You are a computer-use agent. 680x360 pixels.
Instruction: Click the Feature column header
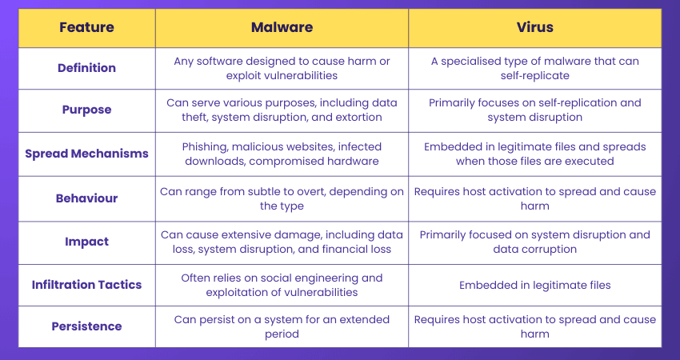point(86,27)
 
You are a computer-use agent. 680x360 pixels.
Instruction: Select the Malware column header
point(282,27)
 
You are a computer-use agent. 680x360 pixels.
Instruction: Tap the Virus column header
point(534,27)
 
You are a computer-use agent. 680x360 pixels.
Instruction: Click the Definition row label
point(86,68)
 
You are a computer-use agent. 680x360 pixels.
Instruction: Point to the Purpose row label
point(86,110)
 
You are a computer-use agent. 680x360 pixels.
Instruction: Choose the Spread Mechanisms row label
point(86,154)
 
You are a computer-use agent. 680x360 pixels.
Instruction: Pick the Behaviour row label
point(86,198)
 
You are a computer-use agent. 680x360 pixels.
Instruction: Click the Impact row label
point(86,241)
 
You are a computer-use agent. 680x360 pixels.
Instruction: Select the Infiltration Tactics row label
point(86,284)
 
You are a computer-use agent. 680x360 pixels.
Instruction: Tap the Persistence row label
point(86,326)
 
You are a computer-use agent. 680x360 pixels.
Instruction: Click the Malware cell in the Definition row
point(282,68)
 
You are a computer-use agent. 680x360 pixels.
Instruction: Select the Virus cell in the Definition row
point(534,68)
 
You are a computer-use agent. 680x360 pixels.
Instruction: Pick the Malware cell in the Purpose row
point(282,110)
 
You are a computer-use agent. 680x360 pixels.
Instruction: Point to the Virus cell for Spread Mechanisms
point(534,154)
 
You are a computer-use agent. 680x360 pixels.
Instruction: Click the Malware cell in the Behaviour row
point(282,198)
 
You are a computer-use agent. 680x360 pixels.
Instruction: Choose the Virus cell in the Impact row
point(534,241)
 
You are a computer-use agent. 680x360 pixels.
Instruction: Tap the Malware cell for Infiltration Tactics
point(282,284)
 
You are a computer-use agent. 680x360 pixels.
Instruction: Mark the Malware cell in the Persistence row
point(282,326)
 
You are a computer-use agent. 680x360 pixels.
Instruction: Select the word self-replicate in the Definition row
point(534,75)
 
